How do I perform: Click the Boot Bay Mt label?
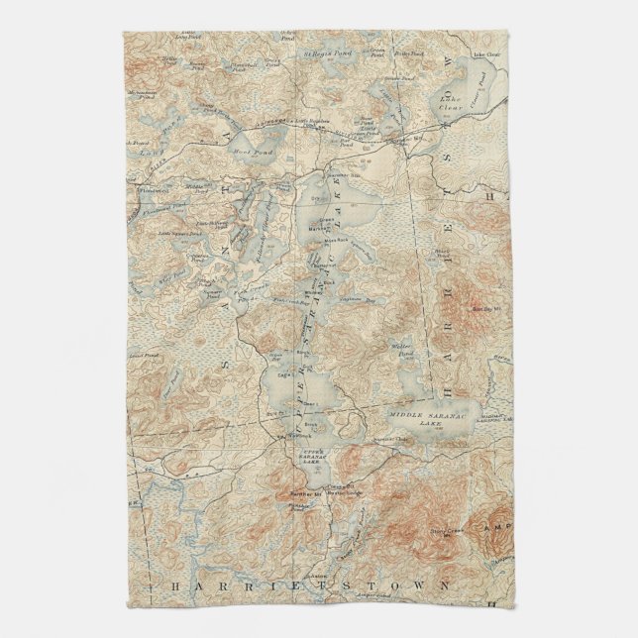[x=487, y=308]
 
